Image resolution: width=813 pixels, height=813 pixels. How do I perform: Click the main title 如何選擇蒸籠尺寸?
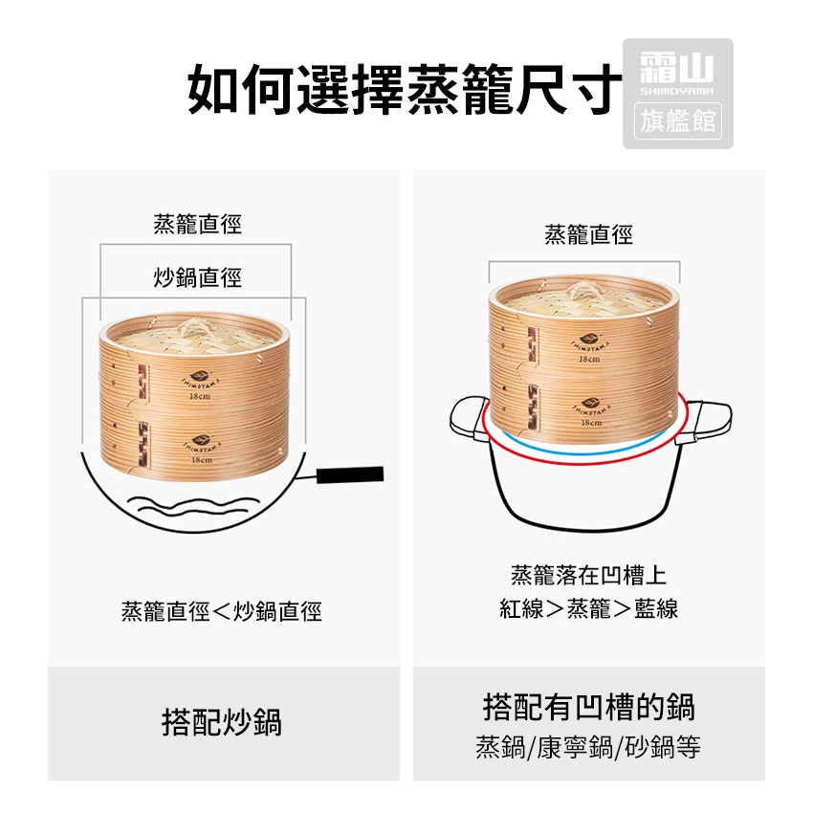point(405,89)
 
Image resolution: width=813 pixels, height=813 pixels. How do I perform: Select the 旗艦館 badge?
point(678,121)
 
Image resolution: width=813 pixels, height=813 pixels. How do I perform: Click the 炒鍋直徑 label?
point(198,277)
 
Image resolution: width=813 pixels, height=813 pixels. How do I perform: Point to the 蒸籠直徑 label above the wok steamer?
point(198,224)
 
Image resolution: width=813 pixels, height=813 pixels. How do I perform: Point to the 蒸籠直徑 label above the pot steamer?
point(588,234)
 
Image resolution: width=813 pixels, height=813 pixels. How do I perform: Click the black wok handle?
point(350,474)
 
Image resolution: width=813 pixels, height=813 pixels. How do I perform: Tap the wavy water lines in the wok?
point(194,506)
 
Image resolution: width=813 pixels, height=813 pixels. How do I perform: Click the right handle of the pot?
point(704,421)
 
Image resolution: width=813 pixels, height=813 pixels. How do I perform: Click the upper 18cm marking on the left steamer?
point(200,396)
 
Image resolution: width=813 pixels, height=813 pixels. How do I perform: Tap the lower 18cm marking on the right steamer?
point(591,423)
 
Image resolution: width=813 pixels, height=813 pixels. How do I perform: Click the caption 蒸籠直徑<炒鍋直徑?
point(221,611)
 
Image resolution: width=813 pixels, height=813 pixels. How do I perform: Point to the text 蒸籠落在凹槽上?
point(588,575)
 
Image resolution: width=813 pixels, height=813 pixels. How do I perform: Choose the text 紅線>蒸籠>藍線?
point(588,608)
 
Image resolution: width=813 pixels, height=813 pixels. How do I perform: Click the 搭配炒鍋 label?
point(221,722)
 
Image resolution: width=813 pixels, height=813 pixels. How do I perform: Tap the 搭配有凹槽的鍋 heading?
point(588,707)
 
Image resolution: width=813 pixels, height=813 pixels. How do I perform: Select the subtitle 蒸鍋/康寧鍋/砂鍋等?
point(588,747)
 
